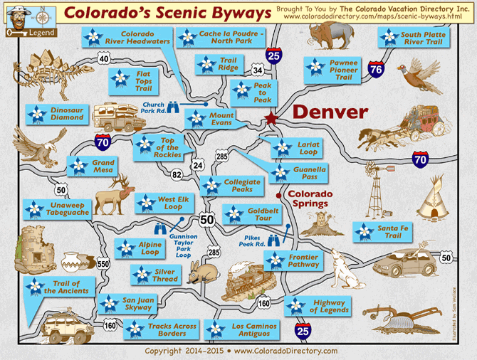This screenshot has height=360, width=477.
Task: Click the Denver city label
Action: click(330, 112)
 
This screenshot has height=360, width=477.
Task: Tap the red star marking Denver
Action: click(271, 119)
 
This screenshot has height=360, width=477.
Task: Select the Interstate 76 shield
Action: click(377, 69)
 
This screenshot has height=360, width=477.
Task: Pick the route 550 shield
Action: click(104, 264)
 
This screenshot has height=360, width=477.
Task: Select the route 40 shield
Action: click(104, 60)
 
